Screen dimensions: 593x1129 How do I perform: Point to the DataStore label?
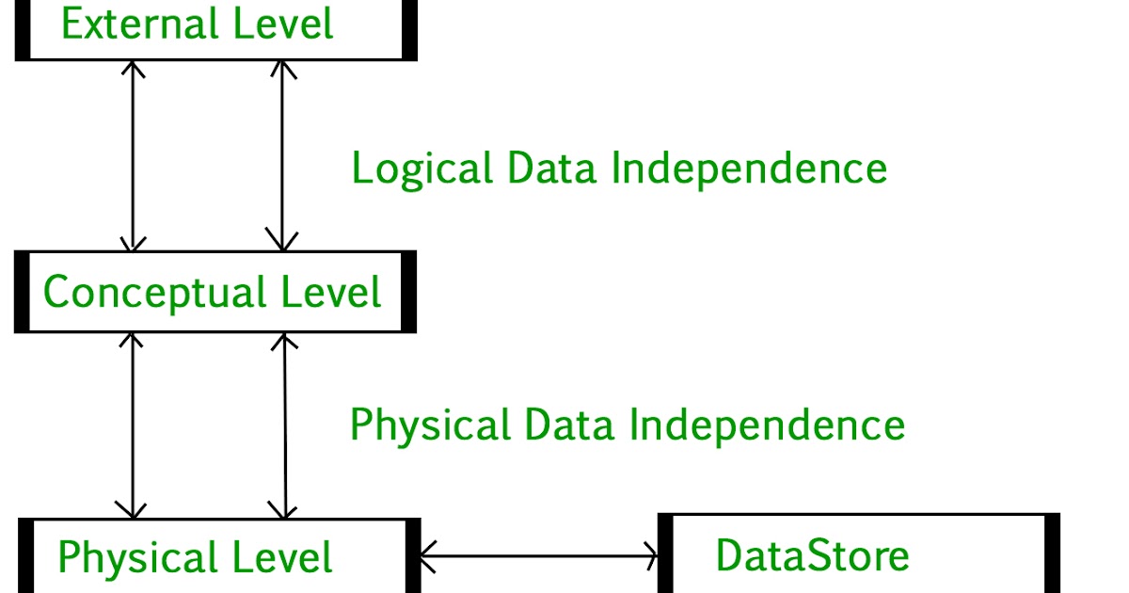(812, 555)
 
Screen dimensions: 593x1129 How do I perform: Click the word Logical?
(421, 169)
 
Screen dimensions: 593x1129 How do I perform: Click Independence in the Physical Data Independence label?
(767, 425)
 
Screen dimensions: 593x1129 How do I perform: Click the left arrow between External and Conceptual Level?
(134, 156)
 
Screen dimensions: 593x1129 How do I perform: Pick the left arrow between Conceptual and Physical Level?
(134, 425)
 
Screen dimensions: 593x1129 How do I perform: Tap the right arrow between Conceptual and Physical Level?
(284, 425)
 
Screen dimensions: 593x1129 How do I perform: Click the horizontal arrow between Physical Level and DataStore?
(538, 556)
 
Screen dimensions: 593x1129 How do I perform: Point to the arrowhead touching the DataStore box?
(649, 556)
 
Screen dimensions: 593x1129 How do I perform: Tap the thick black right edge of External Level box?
(409, 28)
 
